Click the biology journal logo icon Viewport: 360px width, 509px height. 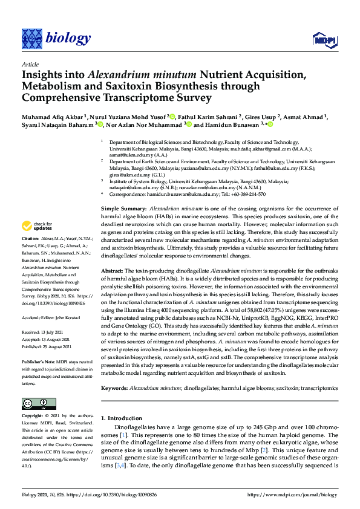click(31, 39)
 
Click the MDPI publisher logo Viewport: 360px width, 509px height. click(324, 40)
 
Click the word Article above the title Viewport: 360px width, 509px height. click(30, 64)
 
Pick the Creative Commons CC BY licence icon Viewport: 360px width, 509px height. click(34, 403)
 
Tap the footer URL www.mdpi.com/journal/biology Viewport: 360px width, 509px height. click(300, 495)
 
